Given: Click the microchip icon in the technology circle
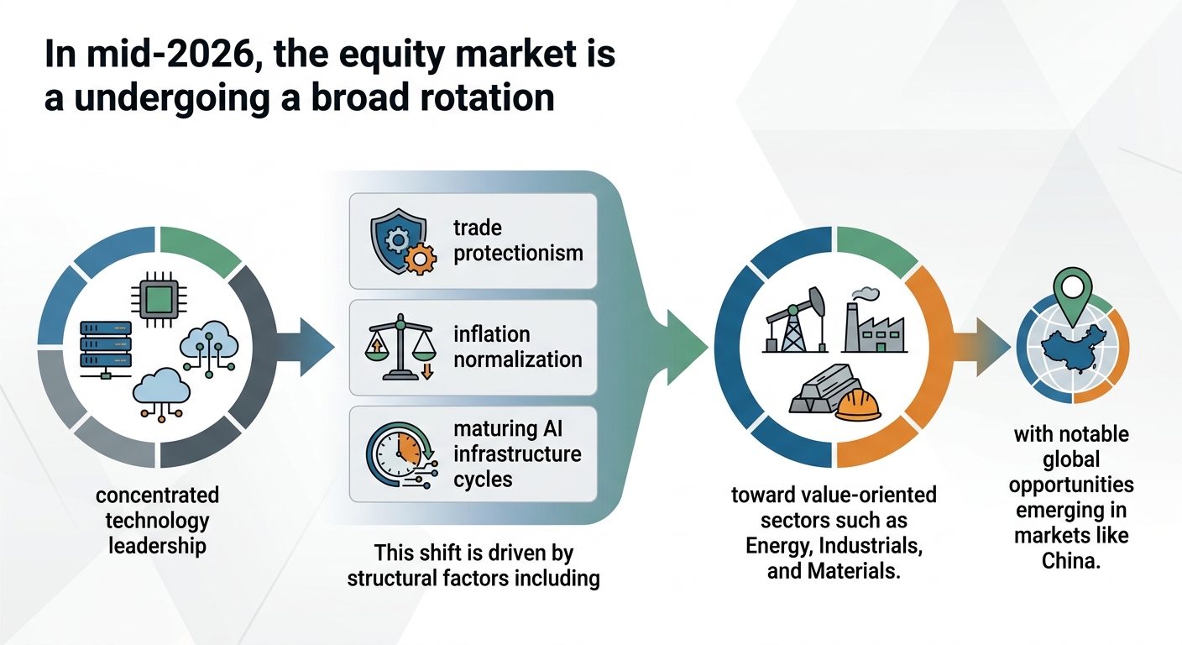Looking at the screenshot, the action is pos(159,299).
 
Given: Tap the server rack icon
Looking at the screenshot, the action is pos(106,349).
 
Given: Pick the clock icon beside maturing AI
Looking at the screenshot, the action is pos(402,454).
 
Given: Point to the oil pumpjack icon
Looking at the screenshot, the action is pos(795,320).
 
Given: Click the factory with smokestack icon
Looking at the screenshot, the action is pos(875,320).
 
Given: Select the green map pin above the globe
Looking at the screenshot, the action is pos(1072,296).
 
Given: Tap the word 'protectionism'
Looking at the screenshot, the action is pos(518,254).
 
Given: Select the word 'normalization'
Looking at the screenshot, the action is pos(518,359).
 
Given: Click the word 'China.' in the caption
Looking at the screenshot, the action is pos(1070,560).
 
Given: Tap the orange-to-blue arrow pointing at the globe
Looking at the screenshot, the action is pos(982,347).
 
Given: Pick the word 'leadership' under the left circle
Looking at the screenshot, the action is pos(157,545).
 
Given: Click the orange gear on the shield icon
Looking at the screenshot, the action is pos(420,260).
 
